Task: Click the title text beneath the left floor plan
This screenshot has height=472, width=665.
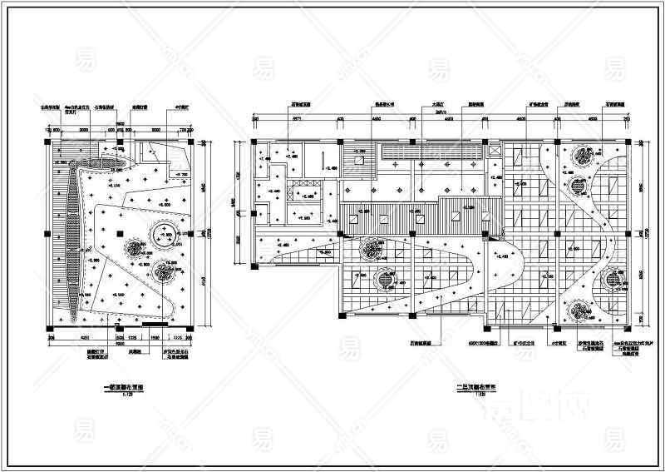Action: [123, 387]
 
